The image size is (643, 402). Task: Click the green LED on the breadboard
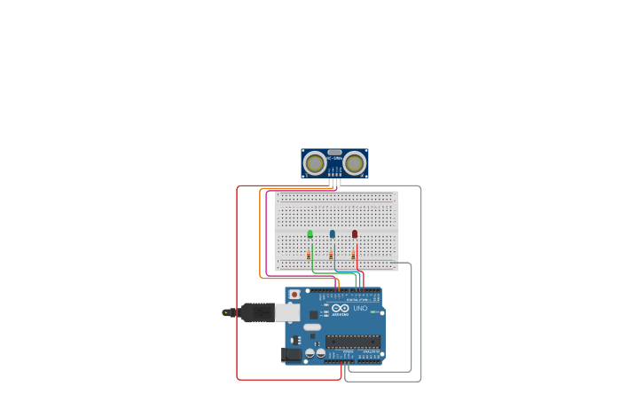coord(310,234)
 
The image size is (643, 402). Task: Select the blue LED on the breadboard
coord(333,234)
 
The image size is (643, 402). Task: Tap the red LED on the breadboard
coord(355,234)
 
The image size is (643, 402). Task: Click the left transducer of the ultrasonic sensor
coord(314,162)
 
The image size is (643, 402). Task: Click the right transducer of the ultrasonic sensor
coord(355,162)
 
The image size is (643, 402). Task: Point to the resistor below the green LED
coord(309,255)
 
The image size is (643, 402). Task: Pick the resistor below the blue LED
coord(331,255)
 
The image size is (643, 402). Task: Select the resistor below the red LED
coord(353,255)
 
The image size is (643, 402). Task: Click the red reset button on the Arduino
coord(294,294)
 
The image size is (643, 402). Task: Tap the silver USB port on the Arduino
coord(289,311)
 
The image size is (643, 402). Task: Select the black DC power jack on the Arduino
coord(290,355)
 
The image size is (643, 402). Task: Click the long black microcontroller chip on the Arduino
coord(354,342)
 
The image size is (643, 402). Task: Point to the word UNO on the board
coord(360,308)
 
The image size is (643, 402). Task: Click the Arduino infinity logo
coord(341,308)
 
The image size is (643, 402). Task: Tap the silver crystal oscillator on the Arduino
coord(312,327)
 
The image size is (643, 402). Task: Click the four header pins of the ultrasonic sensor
coord(334,182)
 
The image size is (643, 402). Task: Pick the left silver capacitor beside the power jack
coord(310,353)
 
